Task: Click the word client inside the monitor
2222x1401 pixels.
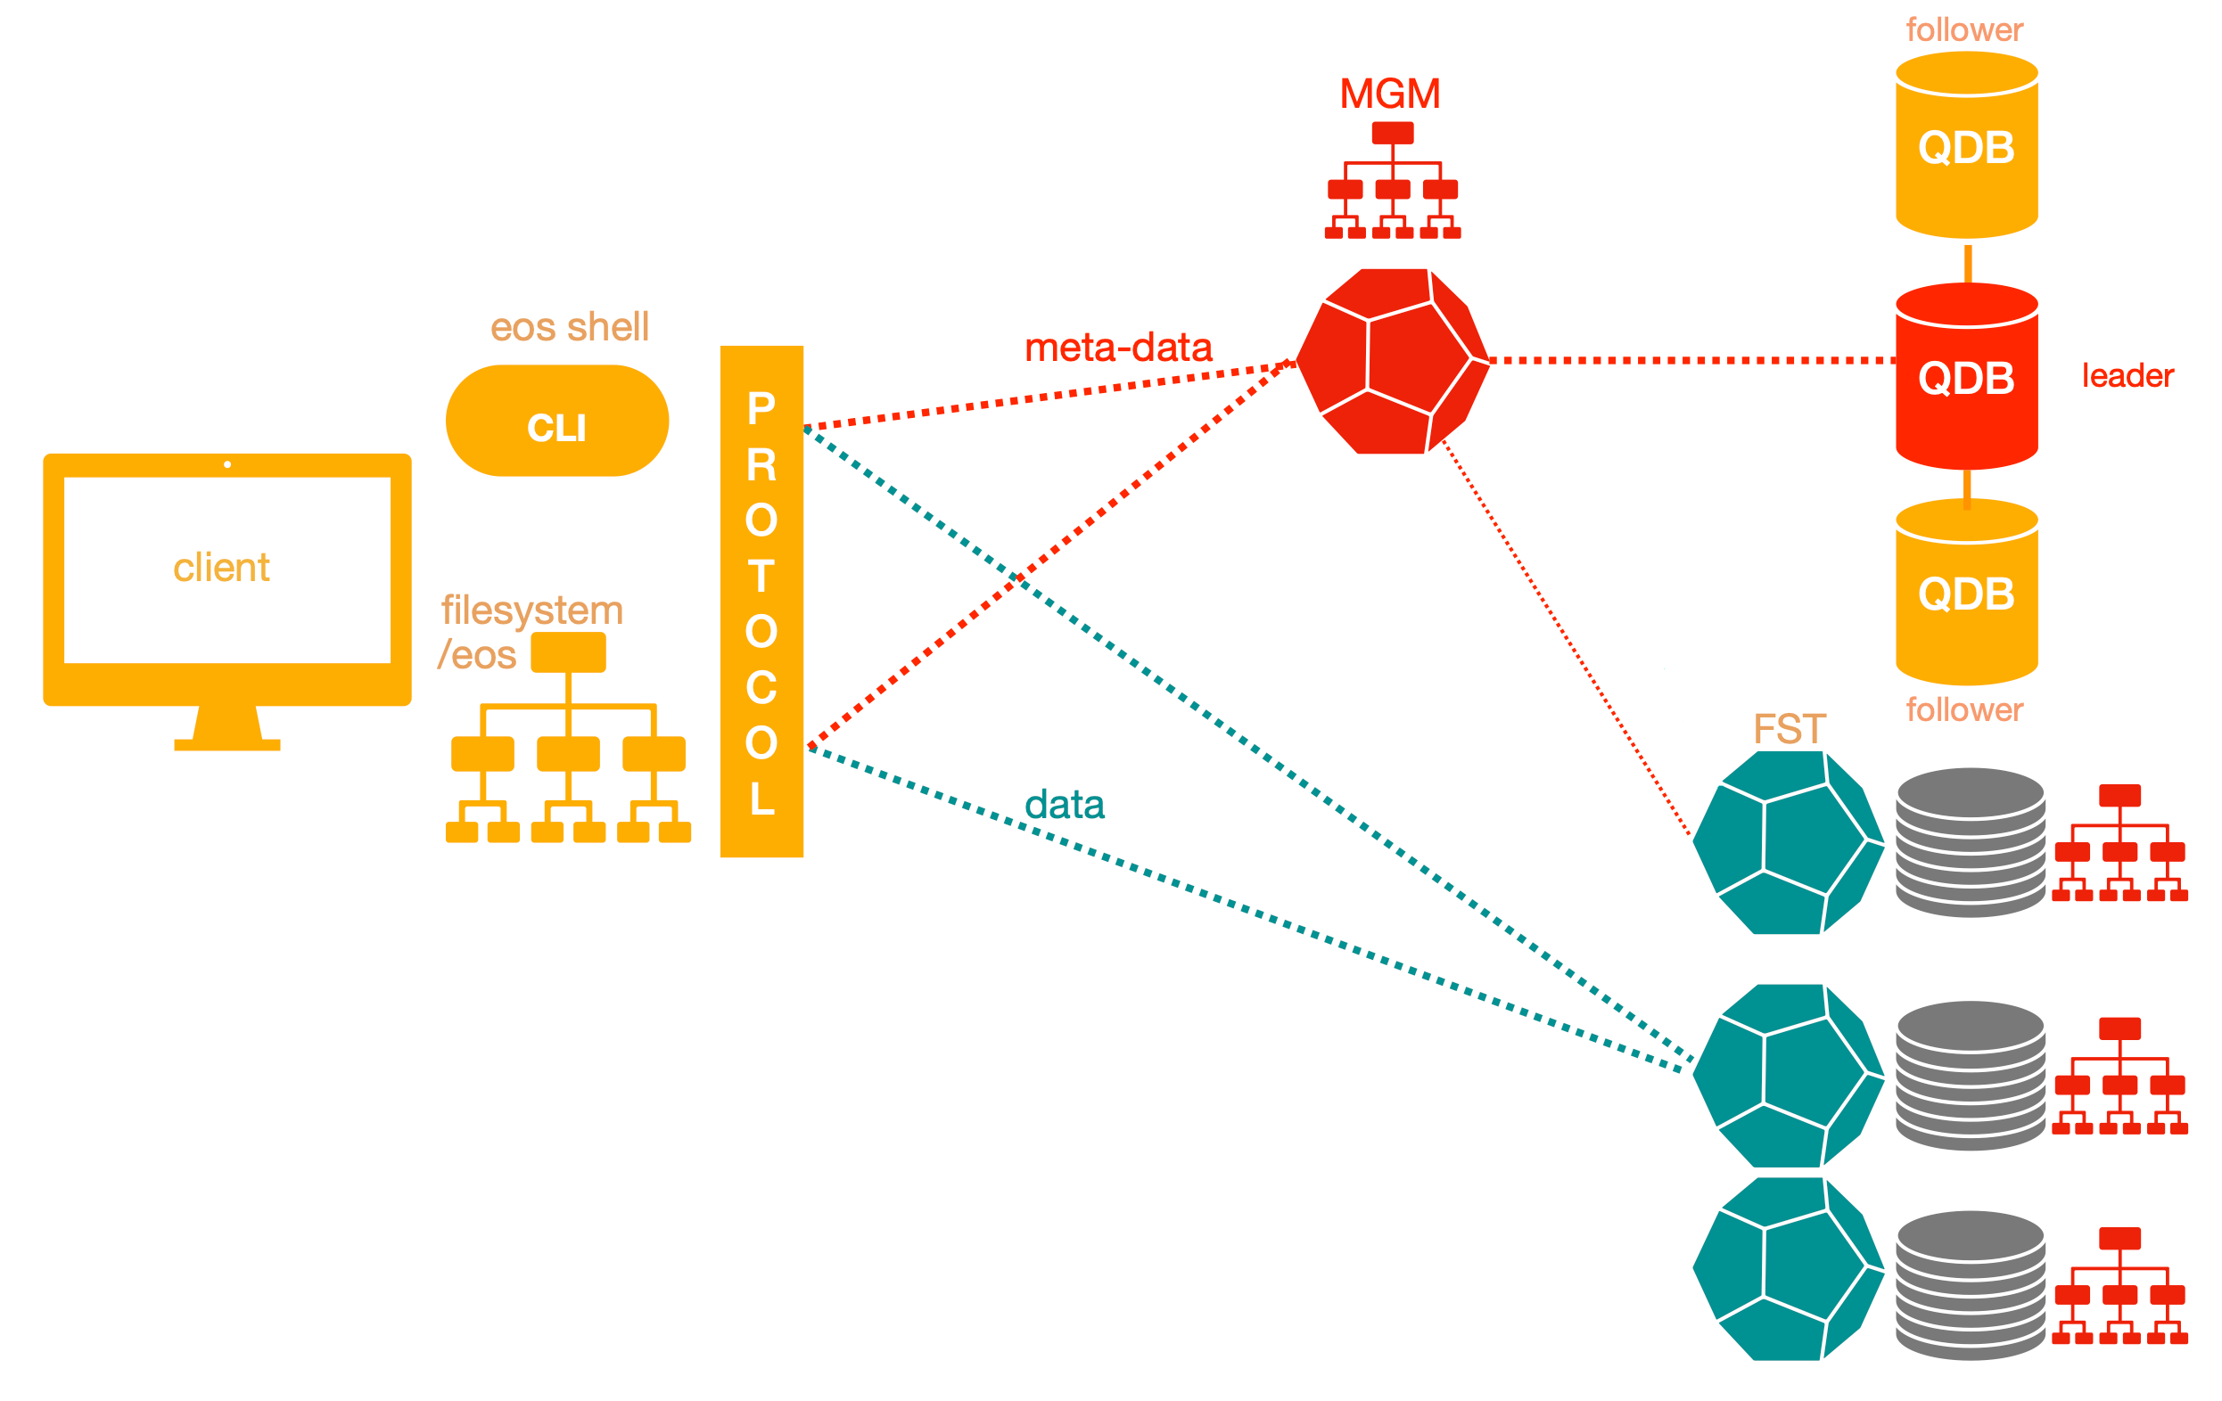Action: pyautogui.click(x=221, y=567)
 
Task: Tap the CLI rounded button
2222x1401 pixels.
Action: pyautogui.click(x=556, y=422)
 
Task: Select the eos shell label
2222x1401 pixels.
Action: pyautogui.click(x=570, y=326)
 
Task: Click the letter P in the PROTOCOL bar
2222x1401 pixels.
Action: pyautogui.click(x=761, y=408)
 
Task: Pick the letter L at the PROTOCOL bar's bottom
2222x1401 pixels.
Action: pyautogui.click(x=761, y=799)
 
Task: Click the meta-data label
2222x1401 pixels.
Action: pyautogui.click(x=1117, y=348)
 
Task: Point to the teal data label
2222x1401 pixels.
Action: pyautogui.click(x=1064, y=804)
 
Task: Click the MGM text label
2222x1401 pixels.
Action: pyautogui.click(x=1390, y=94)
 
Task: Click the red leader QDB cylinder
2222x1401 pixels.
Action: pyautogui.click(x=1966, y=377)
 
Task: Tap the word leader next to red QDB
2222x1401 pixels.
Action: pyautogui.click(x=2127, y=375)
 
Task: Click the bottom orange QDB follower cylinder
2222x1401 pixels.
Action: pyautogui.click(x=1966, y=593)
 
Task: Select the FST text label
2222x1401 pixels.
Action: pyautogui.click(x=1790, y=729)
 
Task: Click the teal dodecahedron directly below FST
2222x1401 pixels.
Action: pyautogui.click(x=1788, y=844)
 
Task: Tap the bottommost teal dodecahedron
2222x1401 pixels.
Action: pyautogui.click(x=1788, y=1270)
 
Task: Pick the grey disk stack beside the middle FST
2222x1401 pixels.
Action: pyautogui.click(x=1970, y=1076)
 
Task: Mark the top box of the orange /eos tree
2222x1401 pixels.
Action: pyautogui.click(x=568, y=652)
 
